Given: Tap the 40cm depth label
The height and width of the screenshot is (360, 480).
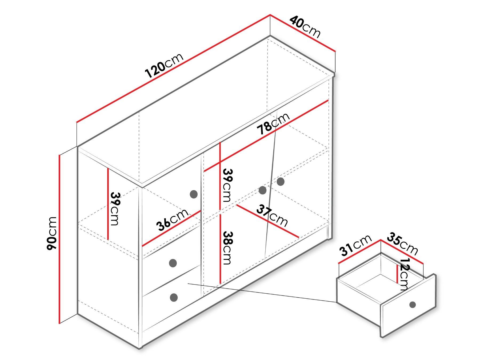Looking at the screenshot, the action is pyautogui.click(x=305, y=27).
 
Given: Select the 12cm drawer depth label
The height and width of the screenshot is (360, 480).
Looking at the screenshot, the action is pyautogui.click(x=405, y=274).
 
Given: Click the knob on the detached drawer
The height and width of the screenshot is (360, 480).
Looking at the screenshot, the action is pyautogui.click(x=413, y=304).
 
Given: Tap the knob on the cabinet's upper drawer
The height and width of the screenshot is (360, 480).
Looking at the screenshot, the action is pyautogui.click(x=173, y=263).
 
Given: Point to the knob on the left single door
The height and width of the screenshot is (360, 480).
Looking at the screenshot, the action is pyautogui.click(x=194, y=194).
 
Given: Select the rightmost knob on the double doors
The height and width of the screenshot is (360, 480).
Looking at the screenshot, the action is pyautogui.click(x=281, y=182).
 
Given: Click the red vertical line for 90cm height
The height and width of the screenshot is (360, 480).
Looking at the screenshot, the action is pyautogui.click(x=60, y=239).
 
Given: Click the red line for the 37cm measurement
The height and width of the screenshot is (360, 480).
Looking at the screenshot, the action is pyautogui.click(x=267, y=221).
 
